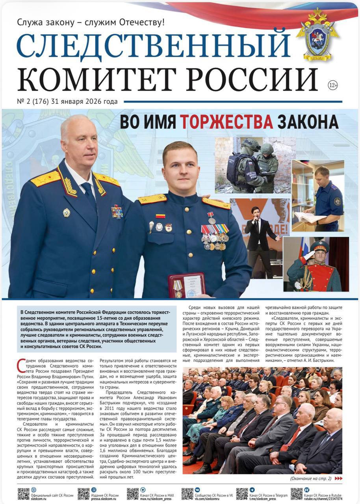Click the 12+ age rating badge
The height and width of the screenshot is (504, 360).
pos(333,85)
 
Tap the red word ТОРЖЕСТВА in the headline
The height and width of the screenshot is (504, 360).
pos(226,121)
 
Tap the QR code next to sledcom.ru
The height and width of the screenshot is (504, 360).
pos(24,494)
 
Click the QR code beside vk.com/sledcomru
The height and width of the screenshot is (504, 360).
pos(187,494)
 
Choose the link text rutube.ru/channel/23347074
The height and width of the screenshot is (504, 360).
pos(323,498)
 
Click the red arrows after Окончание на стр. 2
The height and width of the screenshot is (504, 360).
pos(338,478)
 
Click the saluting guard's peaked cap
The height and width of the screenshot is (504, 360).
pos(319,246)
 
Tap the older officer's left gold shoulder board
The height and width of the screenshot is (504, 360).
pos(46,178)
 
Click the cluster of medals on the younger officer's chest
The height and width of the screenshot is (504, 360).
pos(215,236)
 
